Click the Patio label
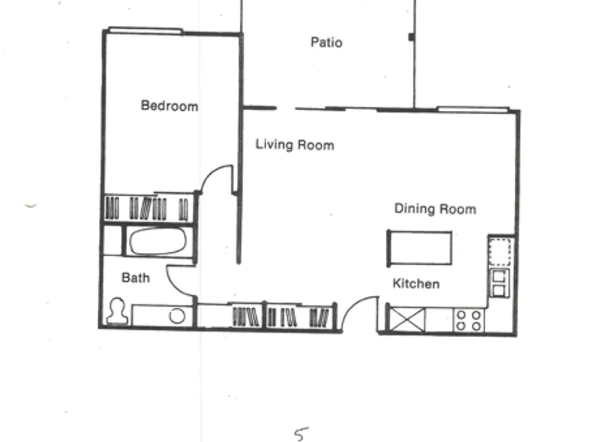326,42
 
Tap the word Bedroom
170,105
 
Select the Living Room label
295,145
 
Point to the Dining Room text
435,209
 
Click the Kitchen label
416,283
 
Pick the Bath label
135,278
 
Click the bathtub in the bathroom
158,241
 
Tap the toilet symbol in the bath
117,311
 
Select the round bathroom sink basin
177,316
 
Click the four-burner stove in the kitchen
469,320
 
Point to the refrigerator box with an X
407,320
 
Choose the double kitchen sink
499,283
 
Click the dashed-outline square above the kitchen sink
500,252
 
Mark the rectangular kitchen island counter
419,248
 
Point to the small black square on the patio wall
411,37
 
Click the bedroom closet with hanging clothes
149,208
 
